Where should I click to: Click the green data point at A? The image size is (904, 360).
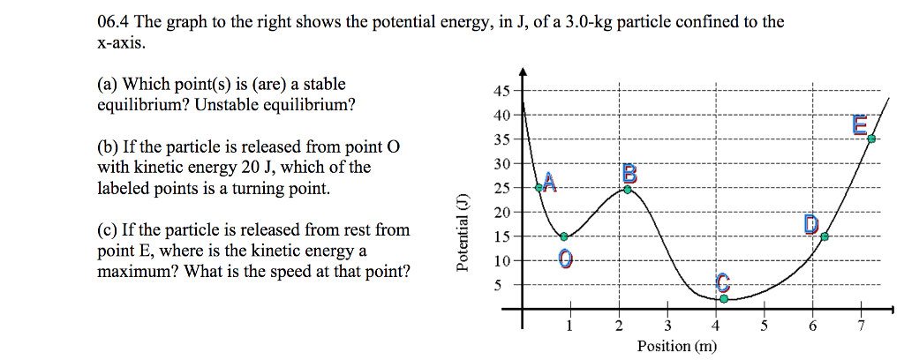[x=539, y=187]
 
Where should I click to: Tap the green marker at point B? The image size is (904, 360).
[x=628, y=190]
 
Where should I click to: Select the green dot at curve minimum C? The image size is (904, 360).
[x=724, y=299]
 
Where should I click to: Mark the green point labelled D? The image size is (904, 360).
[x=825, y=236]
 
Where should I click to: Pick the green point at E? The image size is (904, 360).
[x=872, y=139]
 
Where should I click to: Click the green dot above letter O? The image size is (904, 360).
[x=564, y=236]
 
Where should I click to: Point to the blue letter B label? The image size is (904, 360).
[x=629, y=172]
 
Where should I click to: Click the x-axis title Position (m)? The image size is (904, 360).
[x=677, y=346]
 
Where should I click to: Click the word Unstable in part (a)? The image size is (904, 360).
[x=225, y=105]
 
